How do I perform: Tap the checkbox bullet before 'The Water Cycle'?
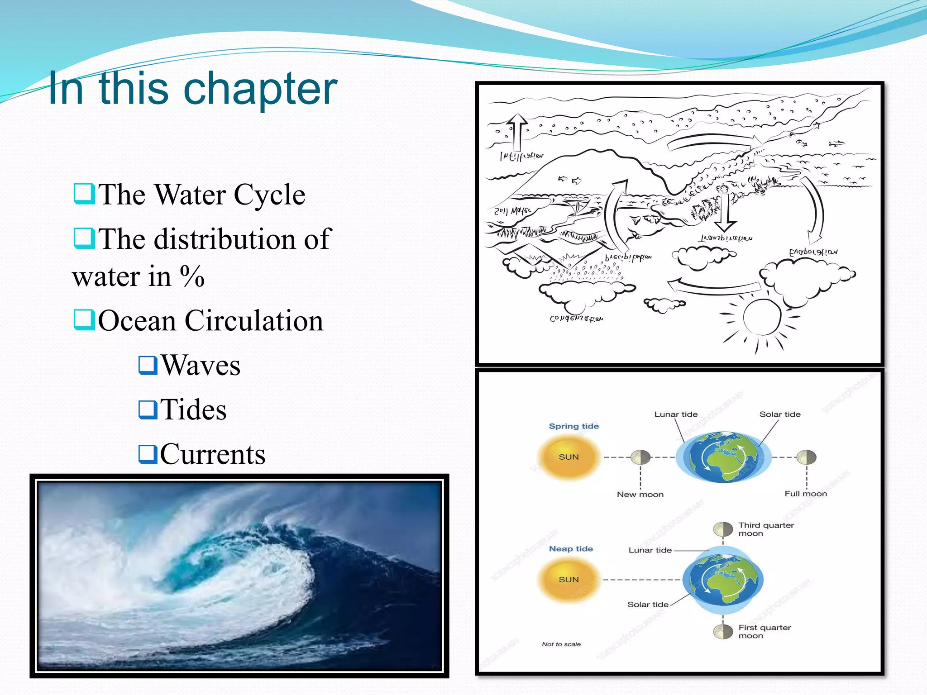tap(84, 194)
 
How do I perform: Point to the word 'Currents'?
tap(212, 454)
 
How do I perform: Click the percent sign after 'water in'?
tap(192, 276)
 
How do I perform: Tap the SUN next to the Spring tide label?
tap(569, 457)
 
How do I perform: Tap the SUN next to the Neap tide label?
tap(569, 580)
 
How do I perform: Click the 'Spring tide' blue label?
tap(573, 426)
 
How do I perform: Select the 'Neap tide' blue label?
tap(571, 549)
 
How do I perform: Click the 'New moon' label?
tap(640, 495)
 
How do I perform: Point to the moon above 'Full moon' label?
tap(806, 457)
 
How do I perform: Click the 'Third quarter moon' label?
tap(766, 529)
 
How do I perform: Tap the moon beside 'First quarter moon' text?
tap(723, 632)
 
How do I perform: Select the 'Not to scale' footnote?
tap(561, 644)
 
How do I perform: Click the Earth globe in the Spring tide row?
tap(723, 457)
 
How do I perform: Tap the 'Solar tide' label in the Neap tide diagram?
tap(648, 605)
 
